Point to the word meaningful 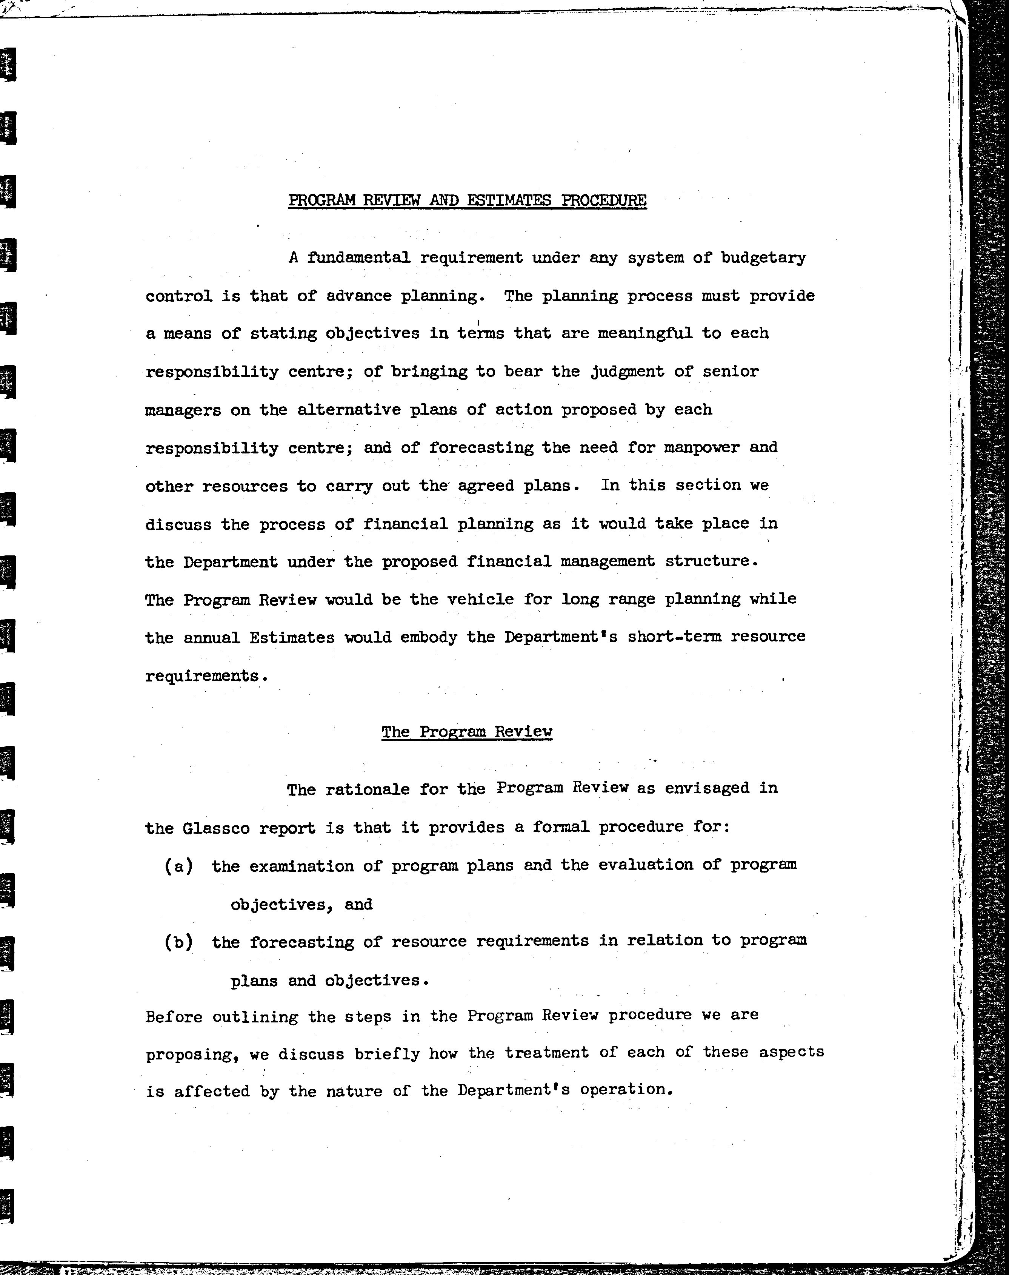tap(645, 333)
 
